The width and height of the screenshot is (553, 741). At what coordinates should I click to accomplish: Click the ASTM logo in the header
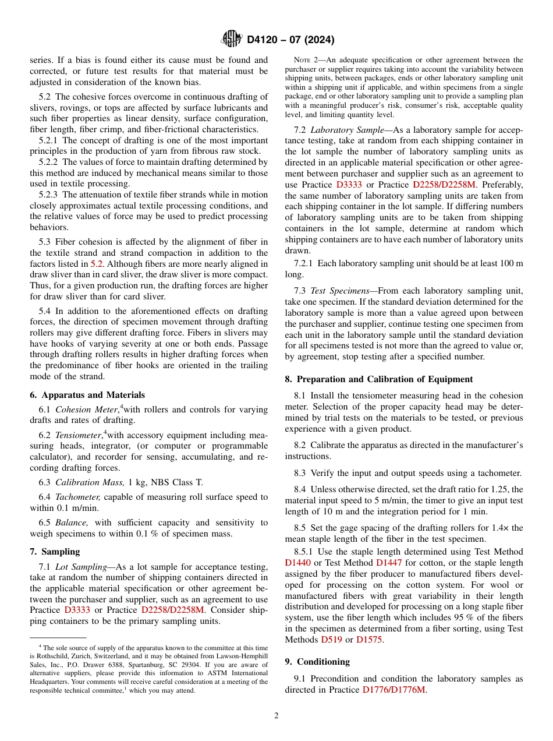coord(232,39)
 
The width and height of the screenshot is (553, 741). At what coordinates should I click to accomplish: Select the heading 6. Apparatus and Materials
coord(87,395)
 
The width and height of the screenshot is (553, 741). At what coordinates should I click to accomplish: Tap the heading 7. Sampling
coord(55,552)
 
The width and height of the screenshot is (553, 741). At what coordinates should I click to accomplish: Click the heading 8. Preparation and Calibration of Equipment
coord(378,379)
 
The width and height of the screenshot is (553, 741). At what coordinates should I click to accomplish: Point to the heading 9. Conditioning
coord(317,662)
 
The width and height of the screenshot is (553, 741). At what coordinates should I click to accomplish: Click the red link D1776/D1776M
coord(394,690)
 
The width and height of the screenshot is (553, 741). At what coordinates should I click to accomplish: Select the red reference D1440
coord(298,563)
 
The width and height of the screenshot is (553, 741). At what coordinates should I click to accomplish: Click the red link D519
coord(331,640)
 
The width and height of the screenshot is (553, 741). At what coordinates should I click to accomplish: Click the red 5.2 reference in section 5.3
coord(97,264)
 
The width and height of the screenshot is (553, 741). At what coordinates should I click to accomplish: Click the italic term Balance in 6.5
coord(70,523)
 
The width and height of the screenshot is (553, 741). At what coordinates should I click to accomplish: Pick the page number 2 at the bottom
coord(276,716)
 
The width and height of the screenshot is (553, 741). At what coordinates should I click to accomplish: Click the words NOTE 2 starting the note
coord(305,60)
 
